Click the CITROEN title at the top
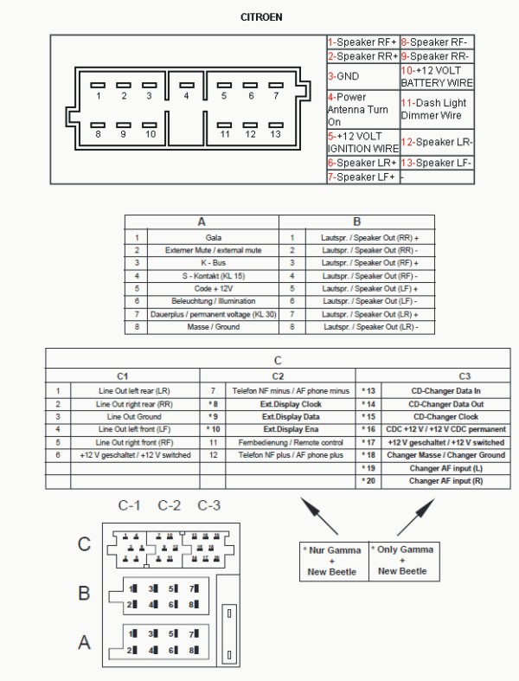260,17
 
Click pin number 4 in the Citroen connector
185,95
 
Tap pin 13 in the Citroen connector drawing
275,134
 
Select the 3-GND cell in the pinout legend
362,75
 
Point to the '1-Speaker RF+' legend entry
362,42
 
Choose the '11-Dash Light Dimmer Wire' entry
437,108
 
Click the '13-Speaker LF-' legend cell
437,163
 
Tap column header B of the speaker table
356,222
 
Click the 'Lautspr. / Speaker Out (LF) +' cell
369,288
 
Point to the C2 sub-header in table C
277,376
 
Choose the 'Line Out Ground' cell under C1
133,416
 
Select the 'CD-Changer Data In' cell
445,391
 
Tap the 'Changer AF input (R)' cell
445,481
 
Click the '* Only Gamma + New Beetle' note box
401,561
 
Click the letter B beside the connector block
84,594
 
